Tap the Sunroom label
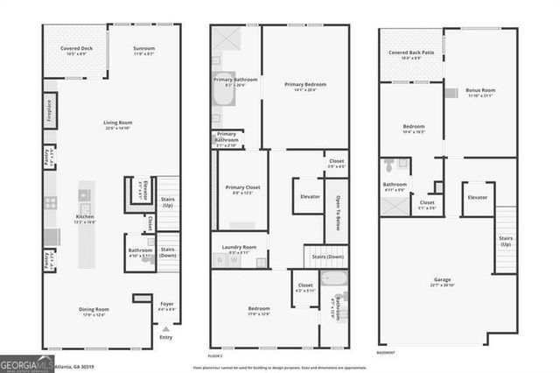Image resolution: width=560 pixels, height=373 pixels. pos(143,49)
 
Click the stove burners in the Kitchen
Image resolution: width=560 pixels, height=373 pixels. pos(51,202)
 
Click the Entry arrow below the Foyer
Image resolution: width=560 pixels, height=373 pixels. pos(166,331)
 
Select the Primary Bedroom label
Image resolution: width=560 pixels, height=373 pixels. pos(304,84)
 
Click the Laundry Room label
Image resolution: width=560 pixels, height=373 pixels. pos(238,248)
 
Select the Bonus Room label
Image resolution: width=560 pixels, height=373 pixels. pos(479,90)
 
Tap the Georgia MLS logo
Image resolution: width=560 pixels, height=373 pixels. pos(26,362)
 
